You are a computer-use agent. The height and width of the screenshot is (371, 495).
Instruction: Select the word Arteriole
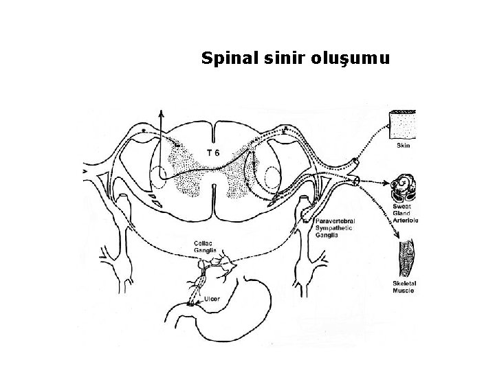pos(406,220)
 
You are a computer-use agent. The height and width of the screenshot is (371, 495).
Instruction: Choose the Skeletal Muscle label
pos(406,286)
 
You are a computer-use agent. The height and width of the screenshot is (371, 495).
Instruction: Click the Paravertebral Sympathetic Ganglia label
pos(335,227)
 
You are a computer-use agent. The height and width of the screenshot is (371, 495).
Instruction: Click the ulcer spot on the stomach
pos(190,303)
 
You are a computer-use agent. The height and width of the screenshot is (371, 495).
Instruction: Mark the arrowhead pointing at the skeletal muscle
pos(397,236)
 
